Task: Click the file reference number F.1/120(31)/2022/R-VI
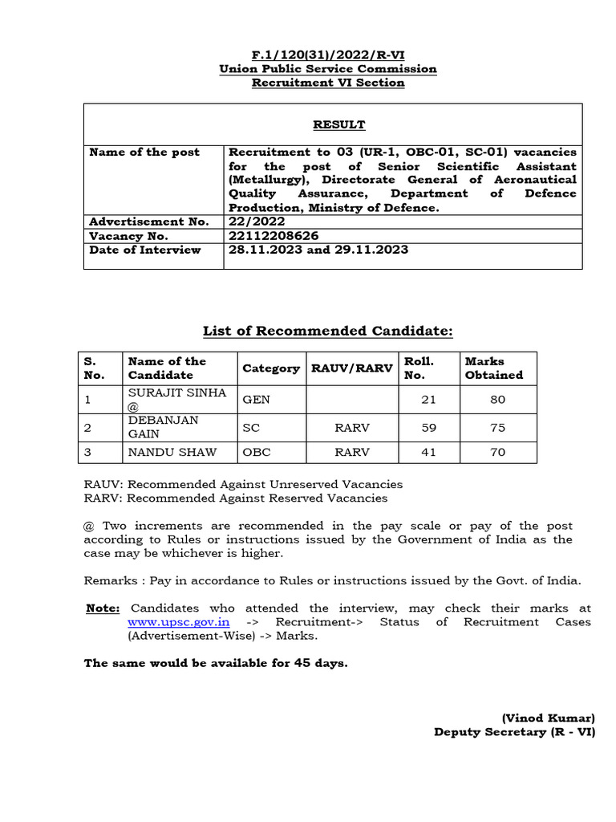click(328, 55)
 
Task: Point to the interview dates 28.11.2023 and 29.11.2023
click(318, 250)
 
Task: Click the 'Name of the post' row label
click(144, 152)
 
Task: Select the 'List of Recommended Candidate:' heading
click(328, 331)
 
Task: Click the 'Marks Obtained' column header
click(494, 368)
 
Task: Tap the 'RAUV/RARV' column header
click(352, 368)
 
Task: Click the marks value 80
click(497, 399)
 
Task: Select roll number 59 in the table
click(429, 428)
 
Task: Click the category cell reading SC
click(251, 428)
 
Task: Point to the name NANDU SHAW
click(172, 452)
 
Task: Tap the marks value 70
click(497, 452)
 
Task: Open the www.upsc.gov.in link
click(178, 622)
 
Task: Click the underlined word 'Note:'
click(103, 608)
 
